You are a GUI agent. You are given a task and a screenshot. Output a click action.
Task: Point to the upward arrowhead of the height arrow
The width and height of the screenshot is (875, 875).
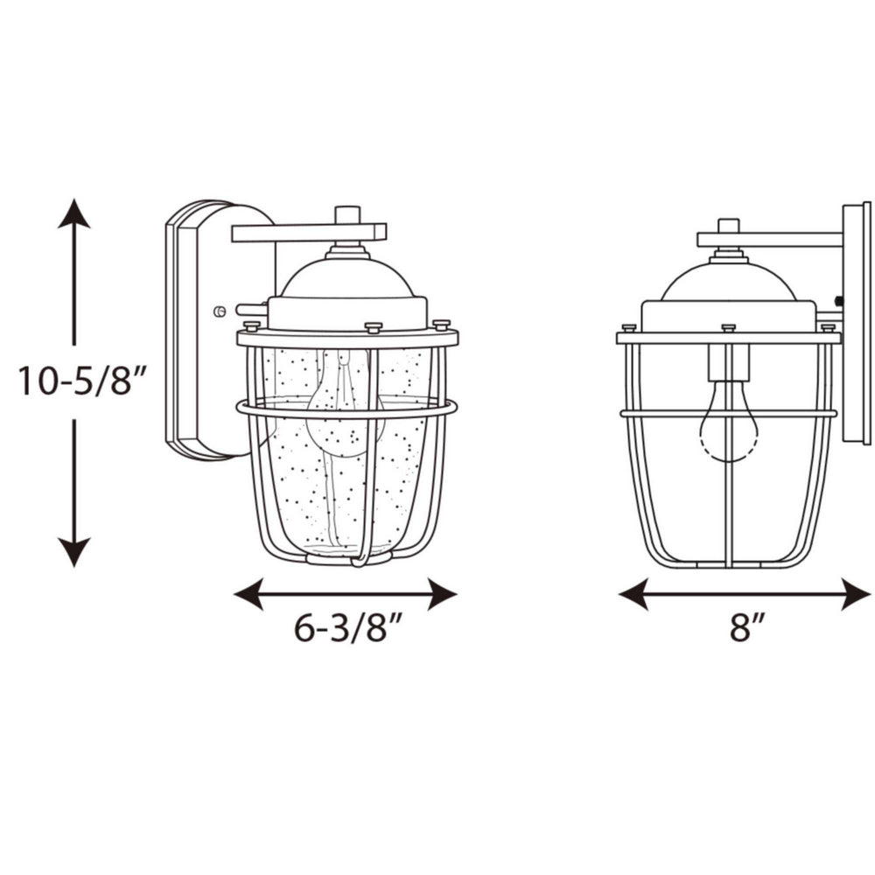(x=73, y=213)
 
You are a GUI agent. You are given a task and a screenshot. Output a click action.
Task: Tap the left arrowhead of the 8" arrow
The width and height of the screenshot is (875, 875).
(x=633, y=594)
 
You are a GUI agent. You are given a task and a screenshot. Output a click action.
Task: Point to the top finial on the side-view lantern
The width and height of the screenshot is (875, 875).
(x=728, y=226)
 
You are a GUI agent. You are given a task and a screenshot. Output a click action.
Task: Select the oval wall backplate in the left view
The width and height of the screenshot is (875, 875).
(x=197, y=328)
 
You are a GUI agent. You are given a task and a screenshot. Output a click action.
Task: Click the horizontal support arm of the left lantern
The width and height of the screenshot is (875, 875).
(x=308, y=233)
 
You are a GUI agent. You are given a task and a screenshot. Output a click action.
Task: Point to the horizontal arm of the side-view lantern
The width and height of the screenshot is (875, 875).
(x=770, y=239)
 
